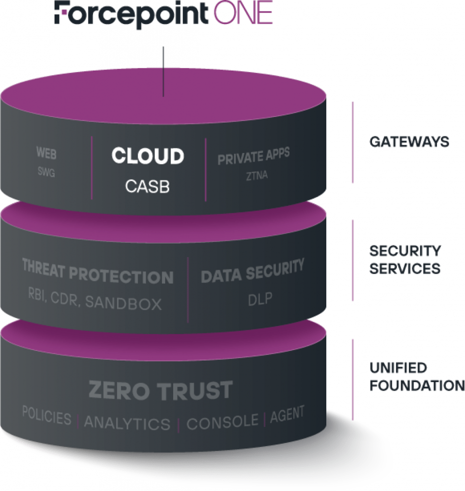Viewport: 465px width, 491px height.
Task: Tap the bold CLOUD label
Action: (148, 156)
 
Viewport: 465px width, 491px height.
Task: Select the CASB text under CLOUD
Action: (148, 187)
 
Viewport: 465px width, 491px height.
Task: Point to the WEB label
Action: (47, 153)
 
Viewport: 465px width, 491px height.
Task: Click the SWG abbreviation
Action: (47, 173)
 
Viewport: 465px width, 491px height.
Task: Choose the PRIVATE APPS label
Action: (254, 157)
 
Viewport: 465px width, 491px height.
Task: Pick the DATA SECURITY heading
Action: (252, 271)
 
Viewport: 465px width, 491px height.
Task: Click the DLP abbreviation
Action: (260, 299)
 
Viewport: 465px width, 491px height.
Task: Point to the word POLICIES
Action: (47, 416)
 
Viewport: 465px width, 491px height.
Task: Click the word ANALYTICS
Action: (127, 423)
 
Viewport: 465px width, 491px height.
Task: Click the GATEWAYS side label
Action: (409, 142)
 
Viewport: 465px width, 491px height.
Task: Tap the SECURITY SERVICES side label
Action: (405, 259)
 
